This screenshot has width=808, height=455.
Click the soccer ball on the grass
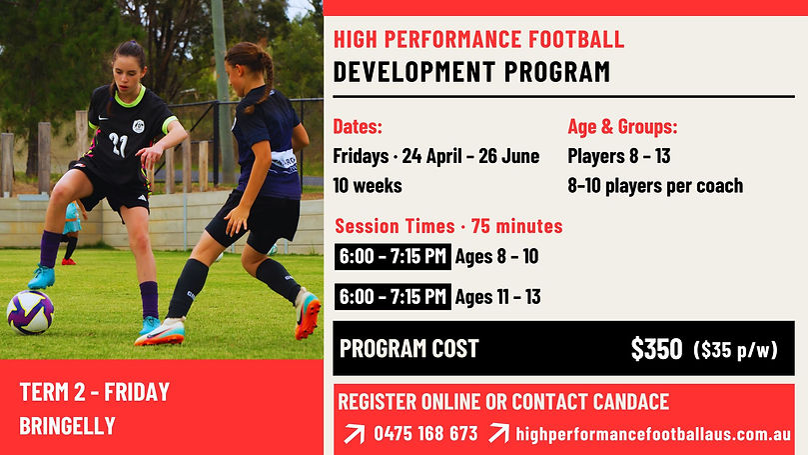(x=30, y=312)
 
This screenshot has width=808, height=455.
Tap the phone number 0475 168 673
(x=425, y=433)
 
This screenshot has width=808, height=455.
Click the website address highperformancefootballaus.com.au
(x=653, y=434)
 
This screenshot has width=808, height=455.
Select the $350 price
(x=656, y=349)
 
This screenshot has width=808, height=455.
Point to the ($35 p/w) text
(x=735, y=349)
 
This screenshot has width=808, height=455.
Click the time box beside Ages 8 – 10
(x=393, y=256)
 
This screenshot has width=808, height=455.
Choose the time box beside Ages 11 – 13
(x=393, y=297)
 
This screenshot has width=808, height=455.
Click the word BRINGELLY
(x=68, y=426)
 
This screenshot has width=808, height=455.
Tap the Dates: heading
(x=358, y=126)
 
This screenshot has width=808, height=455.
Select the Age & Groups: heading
(x=622, y=126)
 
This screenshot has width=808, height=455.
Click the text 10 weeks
(x=368, y=185)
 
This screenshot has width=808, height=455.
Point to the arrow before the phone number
(x=354, y=434)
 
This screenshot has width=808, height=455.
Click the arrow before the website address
(x=498, y=433)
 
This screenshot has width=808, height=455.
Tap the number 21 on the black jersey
(x=118, y=144)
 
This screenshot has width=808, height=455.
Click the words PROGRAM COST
(x=409, y=349)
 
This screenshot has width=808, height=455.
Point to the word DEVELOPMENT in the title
(x=414, y=72)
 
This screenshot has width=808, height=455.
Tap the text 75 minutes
(x=516, y=226)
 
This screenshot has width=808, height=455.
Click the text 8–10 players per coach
(x=655, y=186)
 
